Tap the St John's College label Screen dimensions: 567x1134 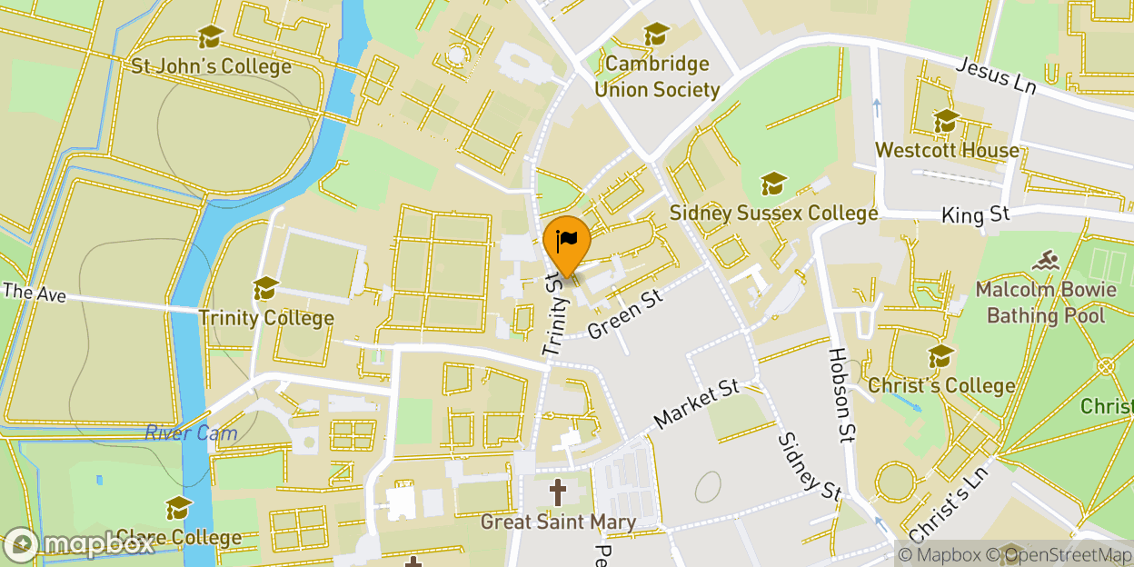(211, 66)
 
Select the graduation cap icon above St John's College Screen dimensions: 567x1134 (211, 36)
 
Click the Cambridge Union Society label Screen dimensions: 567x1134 (657, 76)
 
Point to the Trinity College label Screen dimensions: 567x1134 (266, 318)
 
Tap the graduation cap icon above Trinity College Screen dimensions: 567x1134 (265, 288)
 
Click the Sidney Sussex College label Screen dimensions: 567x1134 (773, 213)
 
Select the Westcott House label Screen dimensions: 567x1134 (947, 150)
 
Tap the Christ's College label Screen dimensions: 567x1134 (941, 385)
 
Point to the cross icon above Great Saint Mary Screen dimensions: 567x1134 (557, 493)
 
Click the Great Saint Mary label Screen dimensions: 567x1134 (557, 522)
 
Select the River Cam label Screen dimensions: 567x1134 (191, 433)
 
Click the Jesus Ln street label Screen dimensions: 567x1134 (996, 74)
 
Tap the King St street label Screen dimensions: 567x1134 (976, 215)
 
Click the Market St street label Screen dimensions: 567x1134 (697, 405)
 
